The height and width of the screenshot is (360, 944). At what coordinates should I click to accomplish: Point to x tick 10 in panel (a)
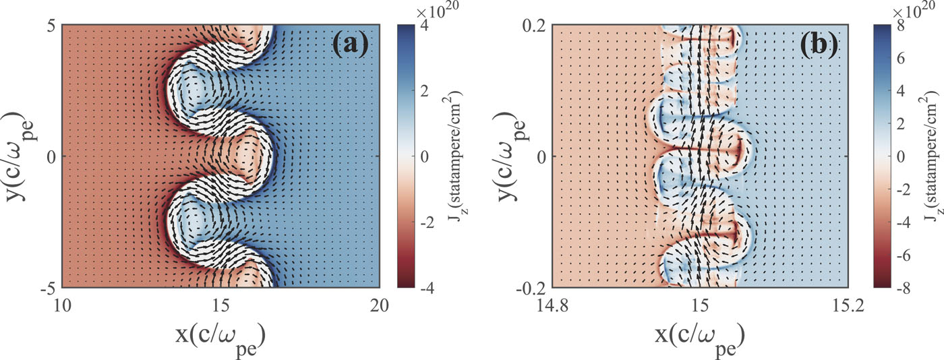click(62, 305)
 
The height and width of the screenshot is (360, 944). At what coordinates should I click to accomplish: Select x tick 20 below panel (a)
click(379, 305)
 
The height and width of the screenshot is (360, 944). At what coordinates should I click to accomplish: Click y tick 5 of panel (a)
click(51, 26)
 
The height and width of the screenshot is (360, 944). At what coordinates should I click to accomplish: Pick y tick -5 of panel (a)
click(48, 288)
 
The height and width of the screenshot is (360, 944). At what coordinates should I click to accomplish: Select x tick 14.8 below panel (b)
click(552, 305)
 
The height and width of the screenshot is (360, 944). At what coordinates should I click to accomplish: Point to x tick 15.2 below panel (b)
click(849, 305)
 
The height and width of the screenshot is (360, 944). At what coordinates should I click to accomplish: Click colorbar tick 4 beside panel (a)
click(424, 26)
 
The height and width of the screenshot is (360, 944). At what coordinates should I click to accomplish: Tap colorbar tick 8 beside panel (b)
click(901, 26)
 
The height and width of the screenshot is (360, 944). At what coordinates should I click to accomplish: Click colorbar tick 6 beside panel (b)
click(901, 58)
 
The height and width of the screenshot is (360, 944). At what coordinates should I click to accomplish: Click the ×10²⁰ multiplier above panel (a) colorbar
click(437, 11)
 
